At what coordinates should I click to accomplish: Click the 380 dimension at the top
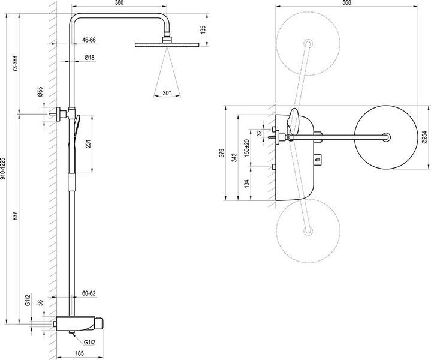click(x=119, y=3)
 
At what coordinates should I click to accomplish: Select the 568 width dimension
click(x=347, y=3)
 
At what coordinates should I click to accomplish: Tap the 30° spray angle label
click(x=167, y=93)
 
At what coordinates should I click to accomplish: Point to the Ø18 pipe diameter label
click(x=89, y=58)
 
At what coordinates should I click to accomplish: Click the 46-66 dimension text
click(x=89, y=40)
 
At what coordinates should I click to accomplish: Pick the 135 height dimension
click(x=203, y=30)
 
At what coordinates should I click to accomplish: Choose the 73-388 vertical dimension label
click(x=15, y=64)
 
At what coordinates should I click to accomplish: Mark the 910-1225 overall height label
click(x=2, y=169)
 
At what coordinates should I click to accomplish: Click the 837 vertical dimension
click(x=15, y=216)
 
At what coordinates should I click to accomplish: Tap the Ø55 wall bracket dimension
click(x=40, y=92)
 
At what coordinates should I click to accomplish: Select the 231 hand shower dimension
click(x=88, y=143)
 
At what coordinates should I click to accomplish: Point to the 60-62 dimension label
click(x=89, y=293)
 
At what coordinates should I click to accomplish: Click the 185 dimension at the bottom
click(x=79, y=353)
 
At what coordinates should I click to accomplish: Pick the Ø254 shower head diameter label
click(x=425, y=137)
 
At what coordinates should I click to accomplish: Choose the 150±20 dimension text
click(x=246, y=148)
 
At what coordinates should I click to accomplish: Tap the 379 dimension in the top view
click(x=222, y=153)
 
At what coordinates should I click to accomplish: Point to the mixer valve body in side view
click(x=80, y=323)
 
